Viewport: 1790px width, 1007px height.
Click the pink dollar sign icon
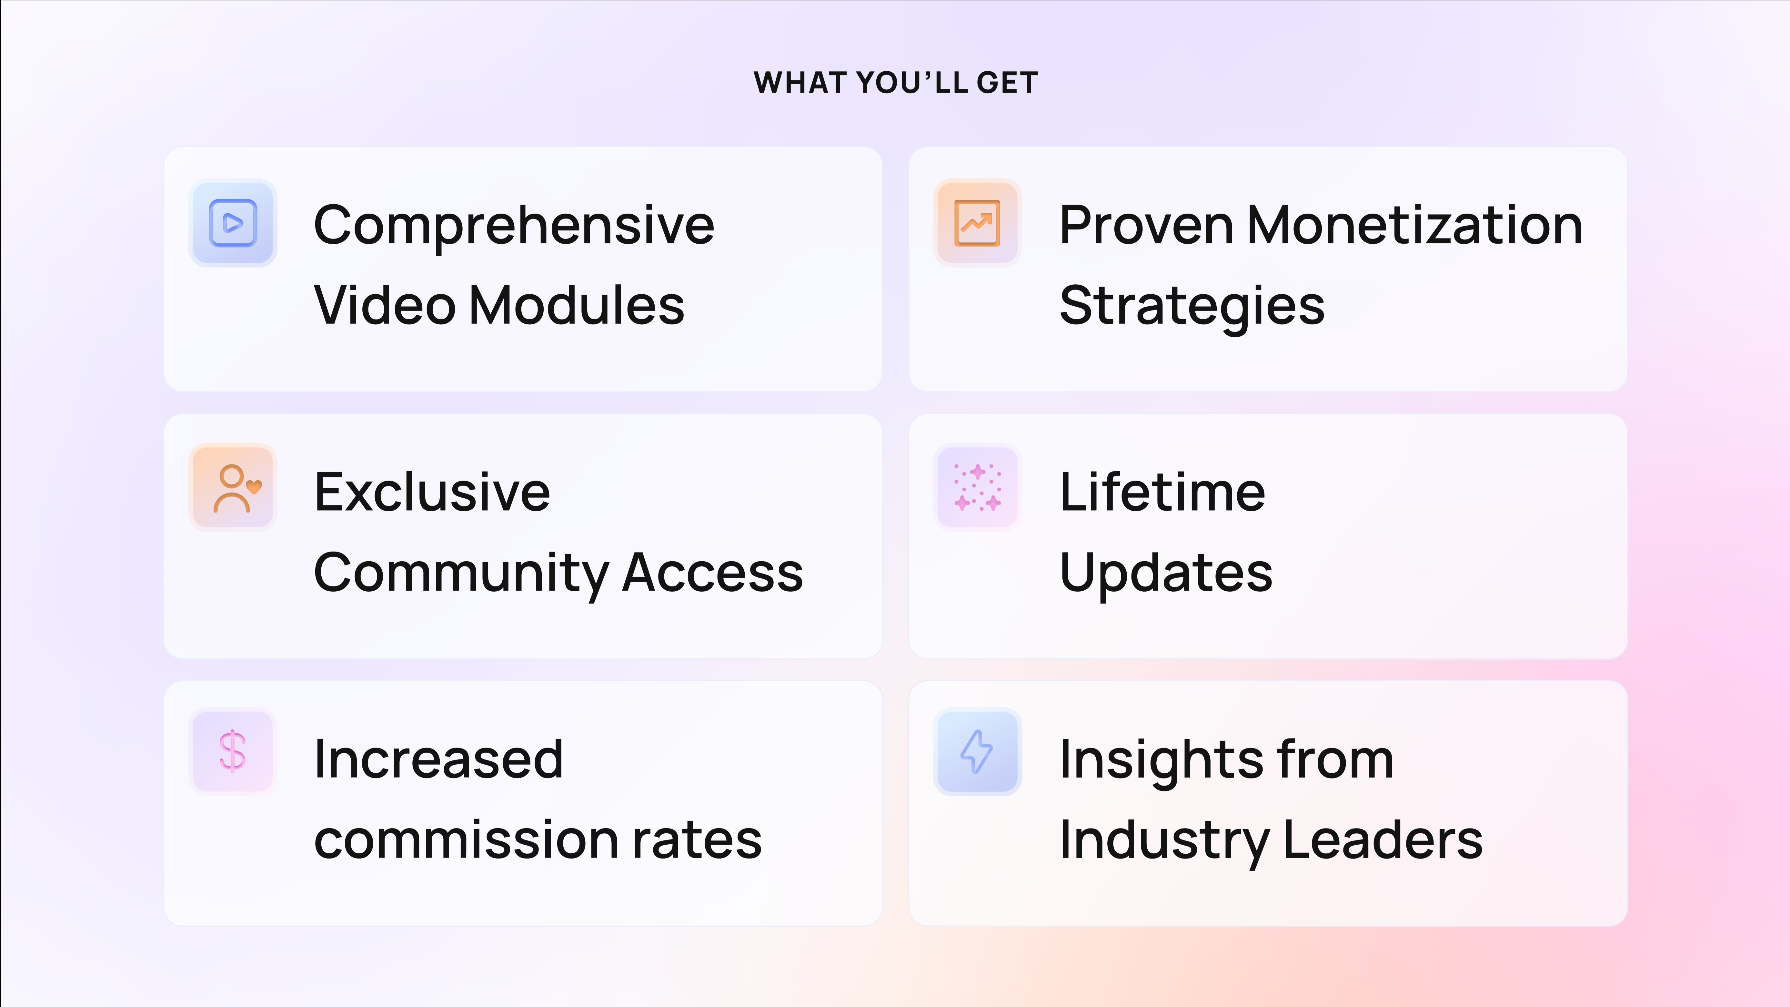(x=233, y=751)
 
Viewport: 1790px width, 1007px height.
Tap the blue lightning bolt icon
(x=976, y=751)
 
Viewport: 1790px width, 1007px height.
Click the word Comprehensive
(x=514, y=226)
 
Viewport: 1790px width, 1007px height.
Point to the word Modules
(x=577, y=306)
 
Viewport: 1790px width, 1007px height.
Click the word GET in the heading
(x=1008, y=83)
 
